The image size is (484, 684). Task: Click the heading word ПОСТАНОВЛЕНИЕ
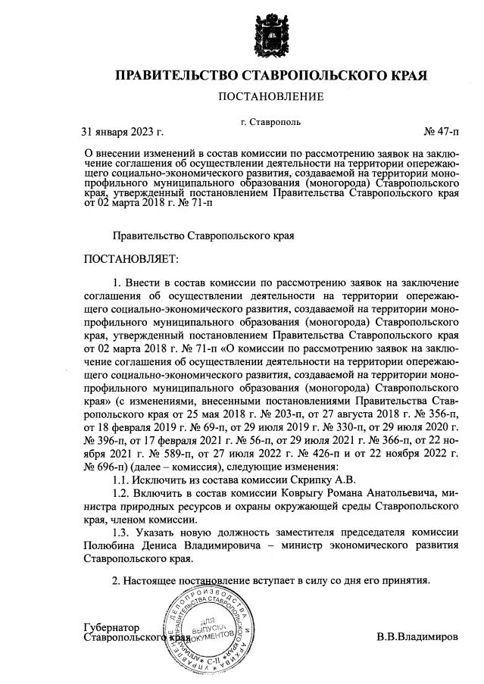(270, 96)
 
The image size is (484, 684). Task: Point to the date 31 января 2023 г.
(122, 132)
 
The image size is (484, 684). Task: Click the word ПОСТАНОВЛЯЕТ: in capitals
(131, 260)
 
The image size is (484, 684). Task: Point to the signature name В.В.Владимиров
(417, 637)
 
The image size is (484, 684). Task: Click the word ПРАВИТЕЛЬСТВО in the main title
(176, 76)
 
